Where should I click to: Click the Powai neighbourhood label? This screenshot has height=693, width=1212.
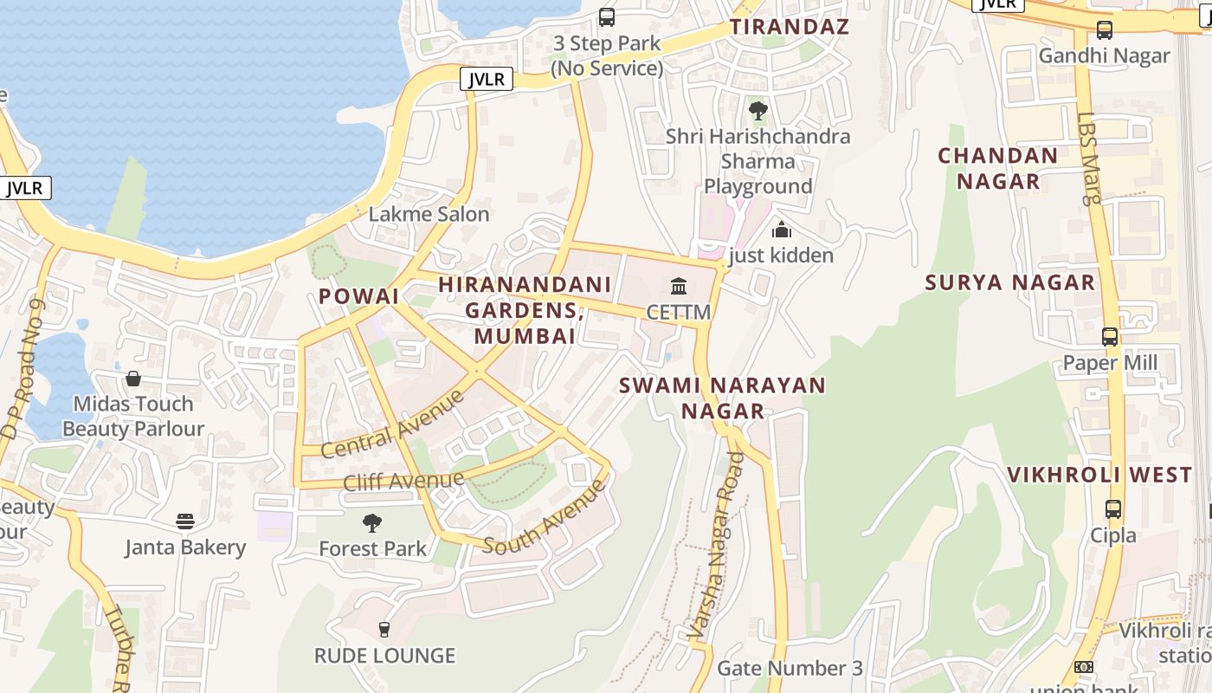coord(358,296)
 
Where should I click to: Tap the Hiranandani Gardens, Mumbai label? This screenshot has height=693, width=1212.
coord(525,310)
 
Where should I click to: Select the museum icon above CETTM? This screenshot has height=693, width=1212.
coord(679,286)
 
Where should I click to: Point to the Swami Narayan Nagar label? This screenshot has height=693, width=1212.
coord(723,398)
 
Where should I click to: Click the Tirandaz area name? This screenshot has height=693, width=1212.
coord(789,27)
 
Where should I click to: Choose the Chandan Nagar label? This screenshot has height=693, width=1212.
coord(998,168)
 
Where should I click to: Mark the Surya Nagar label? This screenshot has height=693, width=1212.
coord(1009,282)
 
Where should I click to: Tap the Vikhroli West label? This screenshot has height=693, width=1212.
coord(1099,475)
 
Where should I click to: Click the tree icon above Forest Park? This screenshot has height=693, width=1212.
coord(372,522)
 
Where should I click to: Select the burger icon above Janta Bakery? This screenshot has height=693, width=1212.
coord(185,521)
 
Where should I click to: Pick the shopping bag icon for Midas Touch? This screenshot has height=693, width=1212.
coord(133,379)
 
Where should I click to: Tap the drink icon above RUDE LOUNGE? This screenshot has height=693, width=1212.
coord(384,629)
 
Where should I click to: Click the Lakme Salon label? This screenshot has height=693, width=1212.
coord(429,214)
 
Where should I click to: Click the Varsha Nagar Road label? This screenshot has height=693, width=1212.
coord(717,548)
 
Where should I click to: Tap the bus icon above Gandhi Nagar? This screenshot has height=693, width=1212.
coord(1105,30)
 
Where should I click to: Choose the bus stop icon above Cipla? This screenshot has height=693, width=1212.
coord(1113,509)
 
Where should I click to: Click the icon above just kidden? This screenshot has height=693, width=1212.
coord(782,230)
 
